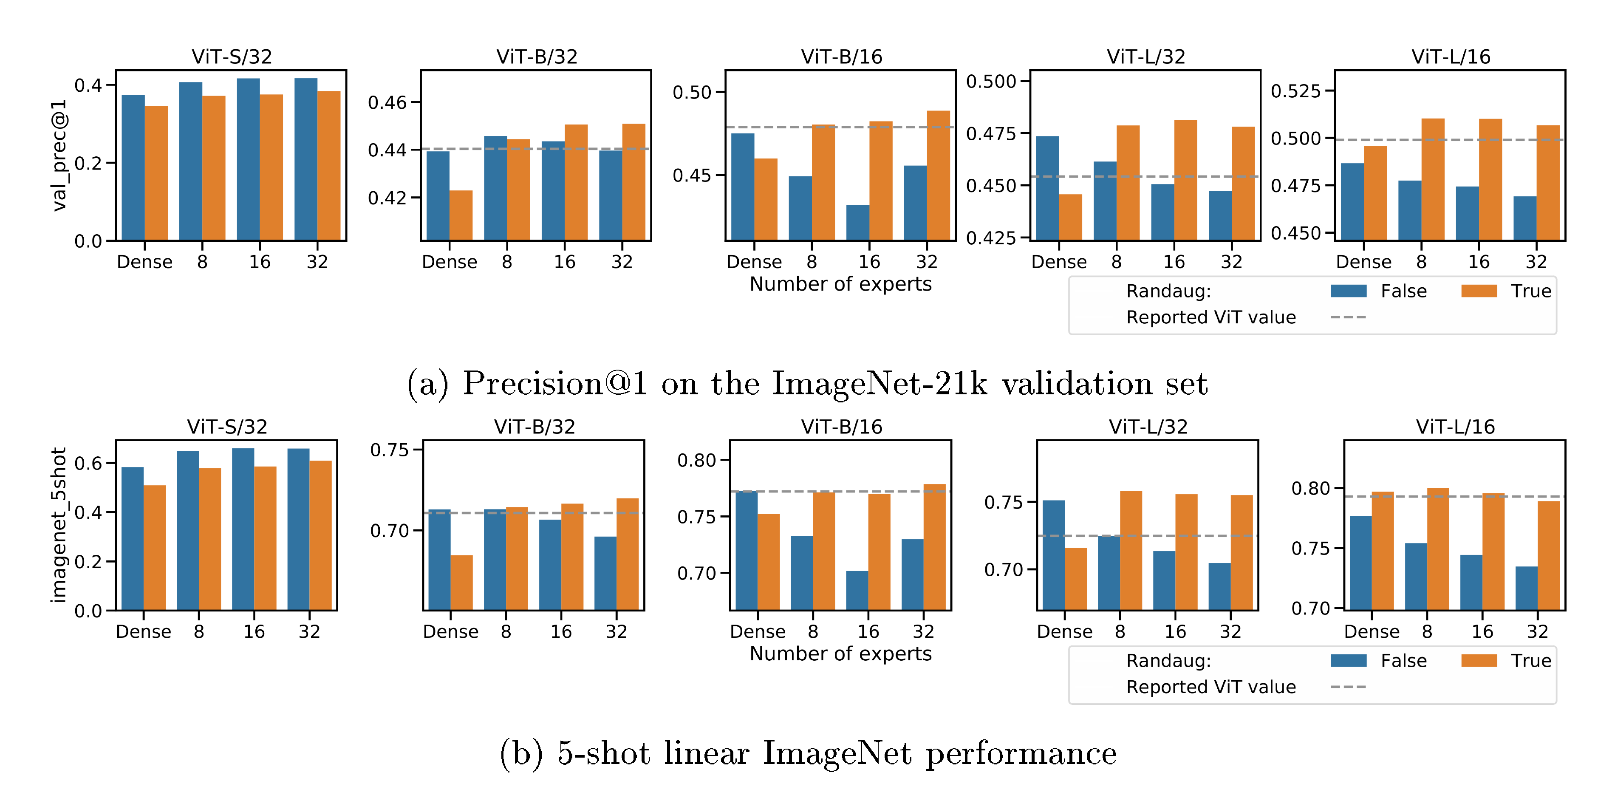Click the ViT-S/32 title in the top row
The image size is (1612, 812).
point(232,57)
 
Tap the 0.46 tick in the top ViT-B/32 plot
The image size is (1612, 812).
point(387,102)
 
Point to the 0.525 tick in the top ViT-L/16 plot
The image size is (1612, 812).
point(1295,91)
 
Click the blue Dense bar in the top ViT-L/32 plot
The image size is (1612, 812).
point(1048,188)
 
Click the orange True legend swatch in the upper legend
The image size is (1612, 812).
point(1479,291)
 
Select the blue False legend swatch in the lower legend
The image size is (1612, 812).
point(1349,661)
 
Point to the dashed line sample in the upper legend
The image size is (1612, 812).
point(1349,317)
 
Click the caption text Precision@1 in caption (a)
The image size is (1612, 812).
point(555,383)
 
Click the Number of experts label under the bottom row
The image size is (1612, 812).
point(840,654)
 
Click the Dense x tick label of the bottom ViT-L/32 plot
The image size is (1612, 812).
point(1064,632)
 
